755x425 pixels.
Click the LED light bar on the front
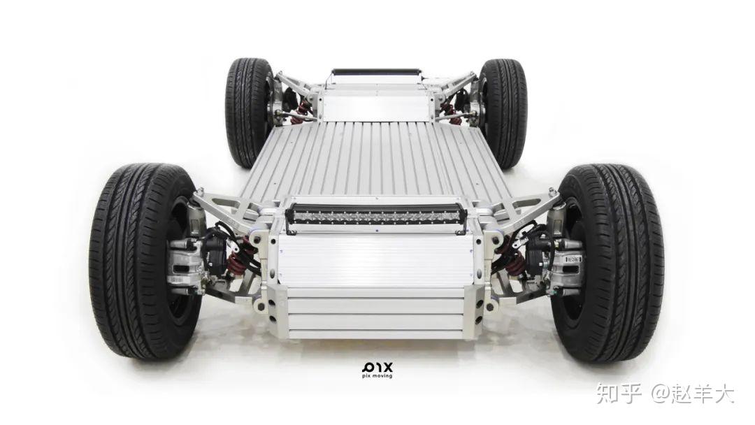pyautogui.click(x=376, y=216)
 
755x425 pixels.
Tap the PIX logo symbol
pyautogui.click(x=377, y=367)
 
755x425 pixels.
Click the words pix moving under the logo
pyautogui.click(x=377, y=376)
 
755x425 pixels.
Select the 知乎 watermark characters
pyautogui.click(x=619, y=394)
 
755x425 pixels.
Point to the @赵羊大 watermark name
pyautogui.click(x=693, y=394)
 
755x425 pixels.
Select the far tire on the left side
pyautogui.click(x=250, y=112)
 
